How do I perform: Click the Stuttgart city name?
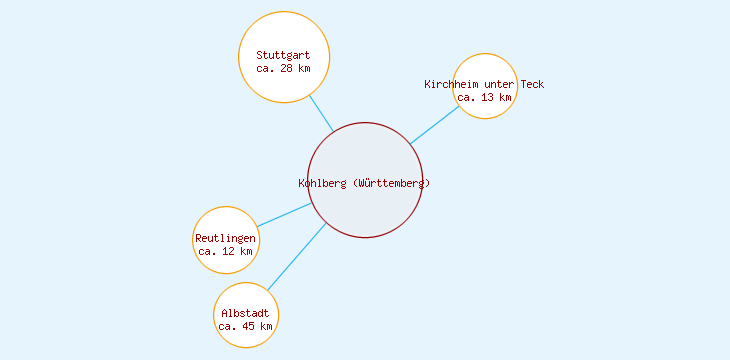click(x=284, y=55)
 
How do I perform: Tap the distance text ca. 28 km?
click(x=284, y=69)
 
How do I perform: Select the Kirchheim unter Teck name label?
click(x=484, y=84)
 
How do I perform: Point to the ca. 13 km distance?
click(x=484, y=98)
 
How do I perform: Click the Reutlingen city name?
click(x=225, y=238)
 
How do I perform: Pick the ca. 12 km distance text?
click(x=225, y=252)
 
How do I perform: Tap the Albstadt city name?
click(x=245, y=313)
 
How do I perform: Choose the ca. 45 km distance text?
click(x=245, y=327)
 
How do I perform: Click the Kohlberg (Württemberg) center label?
click(x=364, y=183)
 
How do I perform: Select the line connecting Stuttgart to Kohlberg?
click(x=321, y=113)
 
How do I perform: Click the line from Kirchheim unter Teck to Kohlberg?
click(x=434, y=125)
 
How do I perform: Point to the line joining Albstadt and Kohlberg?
click(x=296, y=257)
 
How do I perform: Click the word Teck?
click(x=532, y=84)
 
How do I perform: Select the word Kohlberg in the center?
click(x=323, y=183)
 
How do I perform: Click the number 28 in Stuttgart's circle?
click(x=287, y=69)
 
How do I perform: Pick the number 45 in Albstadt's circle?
click(x=248, y=327)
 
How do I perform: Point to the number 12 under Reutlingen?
click(x=228, y=252)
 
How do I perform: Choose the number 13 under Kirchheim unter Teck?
click(x=487, y=98)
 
